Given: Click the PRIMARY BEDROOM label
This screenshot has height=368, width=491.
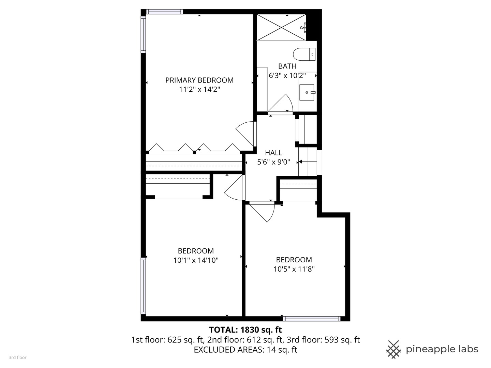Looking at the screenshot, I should coord(199,80).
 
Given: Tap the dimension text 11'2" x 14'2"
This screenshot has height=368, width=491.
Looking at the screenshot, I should coord(199,90).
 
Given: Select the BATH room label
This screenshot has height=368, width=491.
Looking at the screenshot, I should coord(287,66).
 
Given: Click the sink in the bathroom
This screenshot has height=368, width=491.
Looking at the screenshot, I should coord(307,92).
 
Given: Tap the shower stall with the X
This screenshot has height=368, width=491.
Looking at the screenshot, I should coord(281,28).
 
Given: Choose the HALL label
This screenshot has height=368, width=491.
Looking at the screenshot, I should coord(273,153).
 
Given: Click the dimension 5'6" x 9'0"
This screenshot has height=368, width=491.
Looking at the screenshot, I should coord(273,162).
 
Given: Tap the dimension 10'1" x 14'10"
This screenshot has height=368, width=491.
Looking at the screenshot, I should coord(196,260).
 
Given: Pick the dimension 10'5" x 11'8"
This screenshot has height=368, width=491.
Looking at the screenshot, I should coord(294,269).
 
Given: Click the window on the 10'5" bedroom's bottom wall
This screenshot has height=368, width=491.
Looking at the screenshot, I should coord(312,319).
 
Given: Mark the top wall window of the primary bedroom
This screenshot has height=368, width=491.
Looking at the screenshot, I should coord(165,12).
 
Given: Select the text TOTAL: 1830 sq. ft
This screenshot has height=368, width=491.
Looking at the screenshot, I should coord(245,330).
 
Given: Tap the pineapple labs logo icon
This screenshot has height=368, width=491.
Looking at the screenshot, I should coord(393,349).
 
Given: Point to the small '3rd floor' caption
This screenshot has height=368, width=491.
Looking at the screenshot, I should coord(17,357).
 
